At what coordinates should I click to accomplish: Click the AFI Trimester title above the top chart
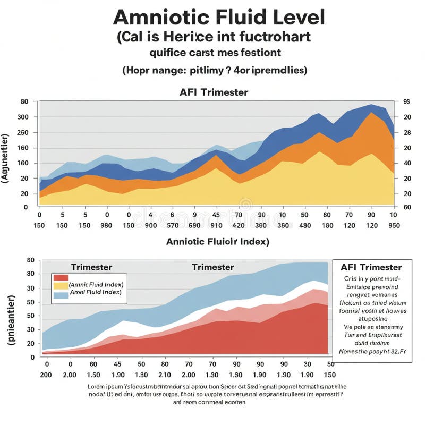tap(214, 92)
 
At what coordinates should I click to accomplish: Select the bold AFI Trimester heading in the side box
tap(371, 267)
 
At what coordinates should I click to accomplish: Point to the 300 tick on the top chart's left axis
tap(23, 117)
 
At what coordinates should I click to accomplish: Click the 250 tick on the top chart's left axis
tap(23, 132)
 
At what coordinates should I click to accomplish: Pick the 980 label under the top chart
tap(107, 225)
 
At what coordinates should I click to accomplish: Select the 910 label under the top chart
tap(216, 225)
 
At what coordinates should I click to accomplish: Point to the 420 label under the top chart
tap(239, 225)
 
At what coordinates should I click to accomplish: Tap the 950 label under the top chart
tap(394, 225)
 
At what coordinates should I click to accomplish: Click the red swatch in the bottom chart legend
tap(61, 277)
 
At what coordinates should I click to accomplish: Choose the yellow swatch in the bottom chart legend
tap(61, 285)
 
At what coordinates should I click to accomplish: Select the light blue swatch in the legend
tap(61, 293)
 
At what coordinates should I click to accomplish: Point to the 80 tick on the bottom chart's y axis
tap(30, 274)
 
